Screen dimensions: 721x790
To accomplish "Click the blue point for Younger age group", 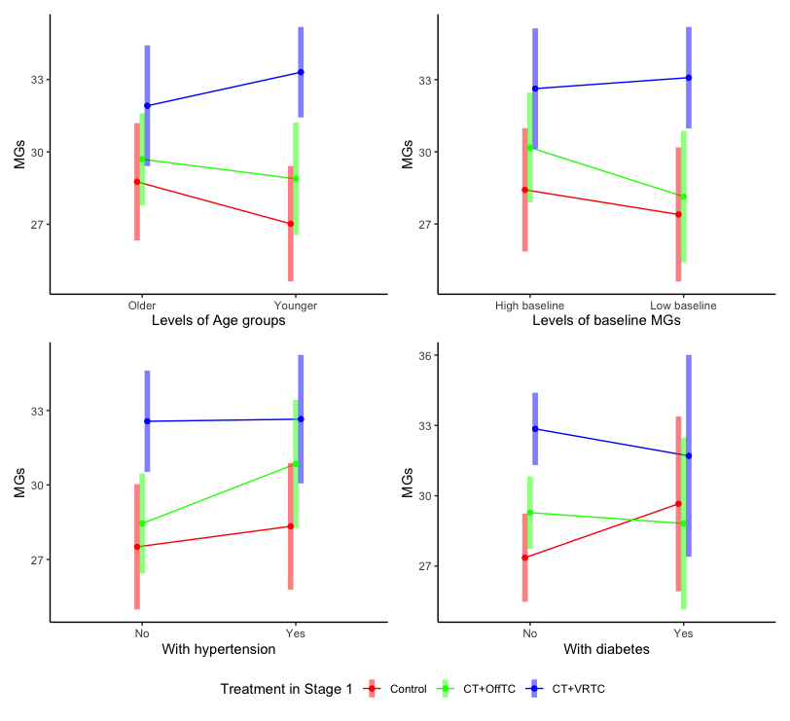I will coord(301,72).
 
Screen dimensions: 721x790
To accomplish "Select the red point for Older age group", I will coord(137,182).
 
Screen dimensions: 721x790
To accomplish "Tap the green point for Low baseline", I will coord(684,197).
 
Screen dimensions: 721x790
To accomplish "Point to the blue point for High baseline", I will coord(534,89).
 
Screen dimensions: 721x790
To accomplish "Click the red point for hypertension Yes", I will coord(290,526).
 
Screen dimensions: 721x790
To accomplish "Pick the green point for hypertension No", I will coord(142,523).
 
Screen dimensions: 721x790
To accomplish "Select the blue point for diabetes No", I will coord(534,429).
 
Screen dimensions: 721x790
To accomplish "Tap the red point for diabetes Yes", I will coord(678,504).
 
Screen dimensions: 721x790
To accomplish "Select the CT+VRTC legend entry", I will coord(578,690).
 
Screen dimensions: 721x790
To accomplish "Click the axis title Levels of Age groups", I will coord(218,321).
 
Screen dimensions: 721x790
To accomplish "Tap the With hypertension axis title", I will coord(218,649).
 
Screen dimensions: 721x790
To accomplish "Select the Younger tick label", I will coord(295,306).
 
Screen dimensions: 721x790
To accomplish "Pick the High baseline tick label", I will coord(529,306).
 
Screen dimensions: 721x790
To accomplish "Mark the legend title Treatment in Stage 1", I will coord(287,690).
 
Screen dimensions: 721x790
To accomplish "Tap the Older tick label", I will coord(142,306).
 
